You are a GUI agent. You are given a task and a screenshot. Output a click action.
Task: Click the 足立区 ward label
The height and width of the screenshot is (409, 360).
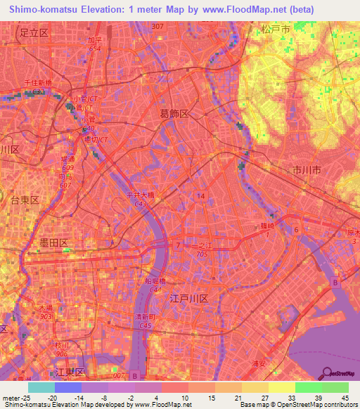click(x=33, y=32)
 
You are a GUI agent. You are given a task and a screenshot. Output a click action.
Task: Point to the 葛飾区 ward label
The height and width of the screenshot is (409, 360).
click(x=174, y=113)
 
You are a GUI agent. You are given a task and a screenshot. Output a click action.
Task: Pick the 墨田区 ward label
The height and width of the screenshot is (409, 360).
click(x=53, y=242)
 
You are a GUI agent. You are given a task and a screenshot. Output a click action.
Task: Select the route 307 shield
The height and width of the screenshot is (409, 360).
click(x=157, y=26)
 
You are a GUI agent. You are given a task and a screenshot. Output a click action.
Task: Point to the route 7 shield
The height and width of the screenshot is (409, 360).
click(x=179, y=246)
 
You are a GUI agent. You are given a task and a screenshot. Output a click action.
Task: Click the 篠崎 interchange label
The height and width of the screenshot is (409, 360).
click(x=268, y=226)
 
